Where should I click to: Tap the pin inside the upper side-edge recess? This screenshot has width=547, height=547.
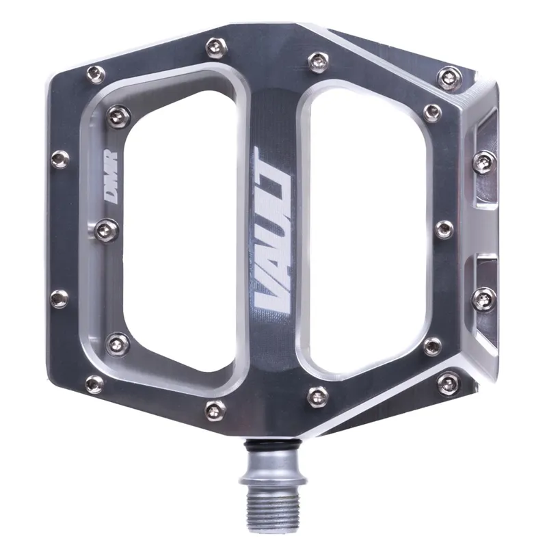coord(484,161)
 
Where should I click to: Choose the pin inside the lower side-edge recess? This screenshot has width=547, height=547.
coord(484,298)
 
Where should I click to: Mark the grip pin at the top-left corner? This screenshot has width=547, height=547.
coord(96,74)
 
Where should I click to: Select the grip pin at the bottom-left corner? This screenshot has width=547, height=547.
coord(94,384)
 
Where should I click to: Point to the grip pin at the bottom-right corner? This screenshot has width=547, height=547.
coord(448,383)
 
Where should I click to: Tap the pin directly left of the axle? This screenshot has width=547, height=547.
coord(215,410)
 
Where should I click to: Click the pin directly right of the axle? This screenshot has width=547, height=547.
coord(317,395)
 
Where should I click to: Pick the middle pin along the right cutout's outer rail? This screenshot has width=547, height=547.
coord(444,229)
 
